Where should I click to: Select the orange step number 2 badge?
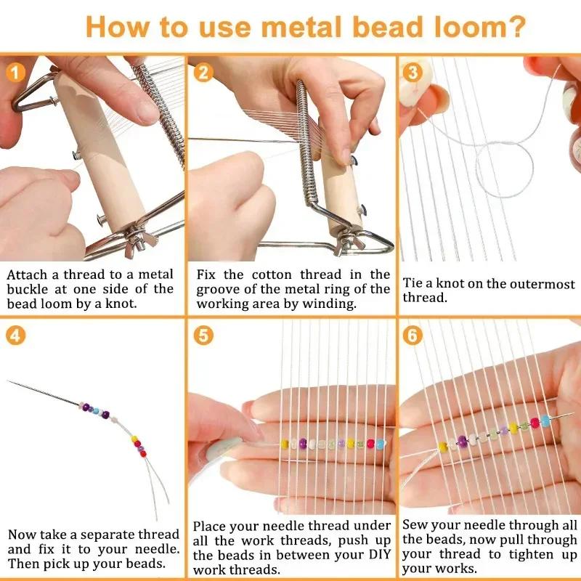204,72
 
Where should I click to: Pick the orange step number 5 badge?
204,336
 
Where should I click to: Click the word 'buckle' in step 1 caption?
31,288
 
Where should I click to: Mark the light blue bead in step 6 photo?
545,420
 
